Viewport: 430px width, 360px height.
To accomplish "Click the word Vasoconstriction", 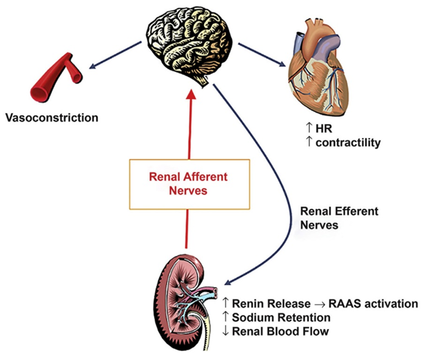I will (52, 117).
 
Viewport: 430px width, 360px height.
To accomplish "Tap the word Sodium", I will (254, 317).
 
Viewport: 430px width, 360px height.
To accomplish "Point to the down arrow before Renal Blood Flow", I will (227, 331).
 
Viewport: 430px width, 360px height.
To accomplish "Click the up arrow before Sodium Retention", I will (227, 317).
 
